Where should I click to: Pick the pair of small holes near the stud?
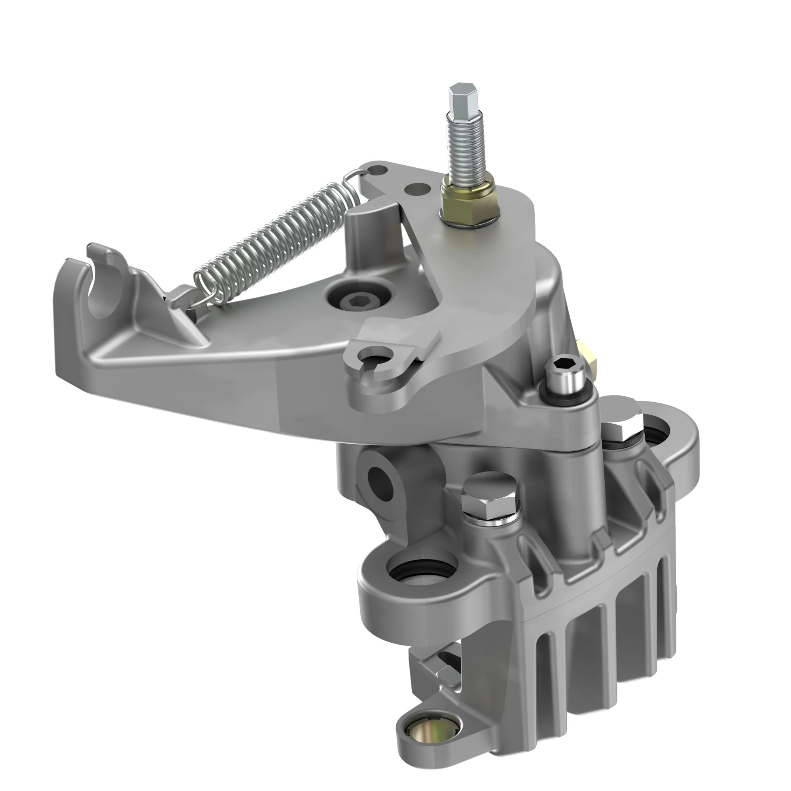[401, 180]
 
